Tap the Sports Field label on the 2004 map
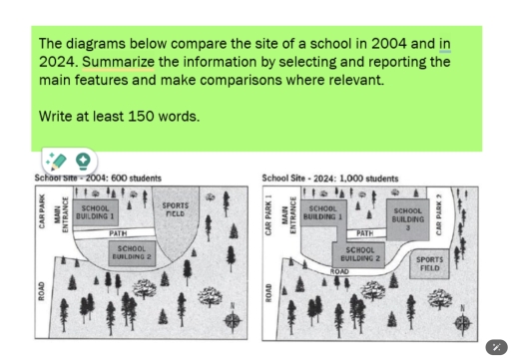pyautogui.click(x=175, y=208)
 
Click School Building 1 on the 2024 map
pyautogui.click(x=322, y=210)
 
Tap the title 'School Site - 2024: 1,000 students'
pyautogui.click(x=329, y=179)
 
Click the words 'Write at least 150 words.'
pyautogui.click(x=119, y=116)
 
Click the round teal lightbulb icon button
pyautogui.click(x=82, y=160)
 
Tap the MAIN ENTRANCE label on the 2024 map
pyautogui.click(x=289, y=213)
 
